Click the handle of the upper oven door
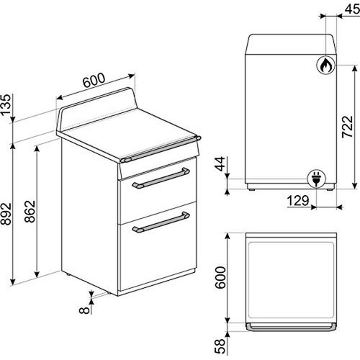click(161, 179)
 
